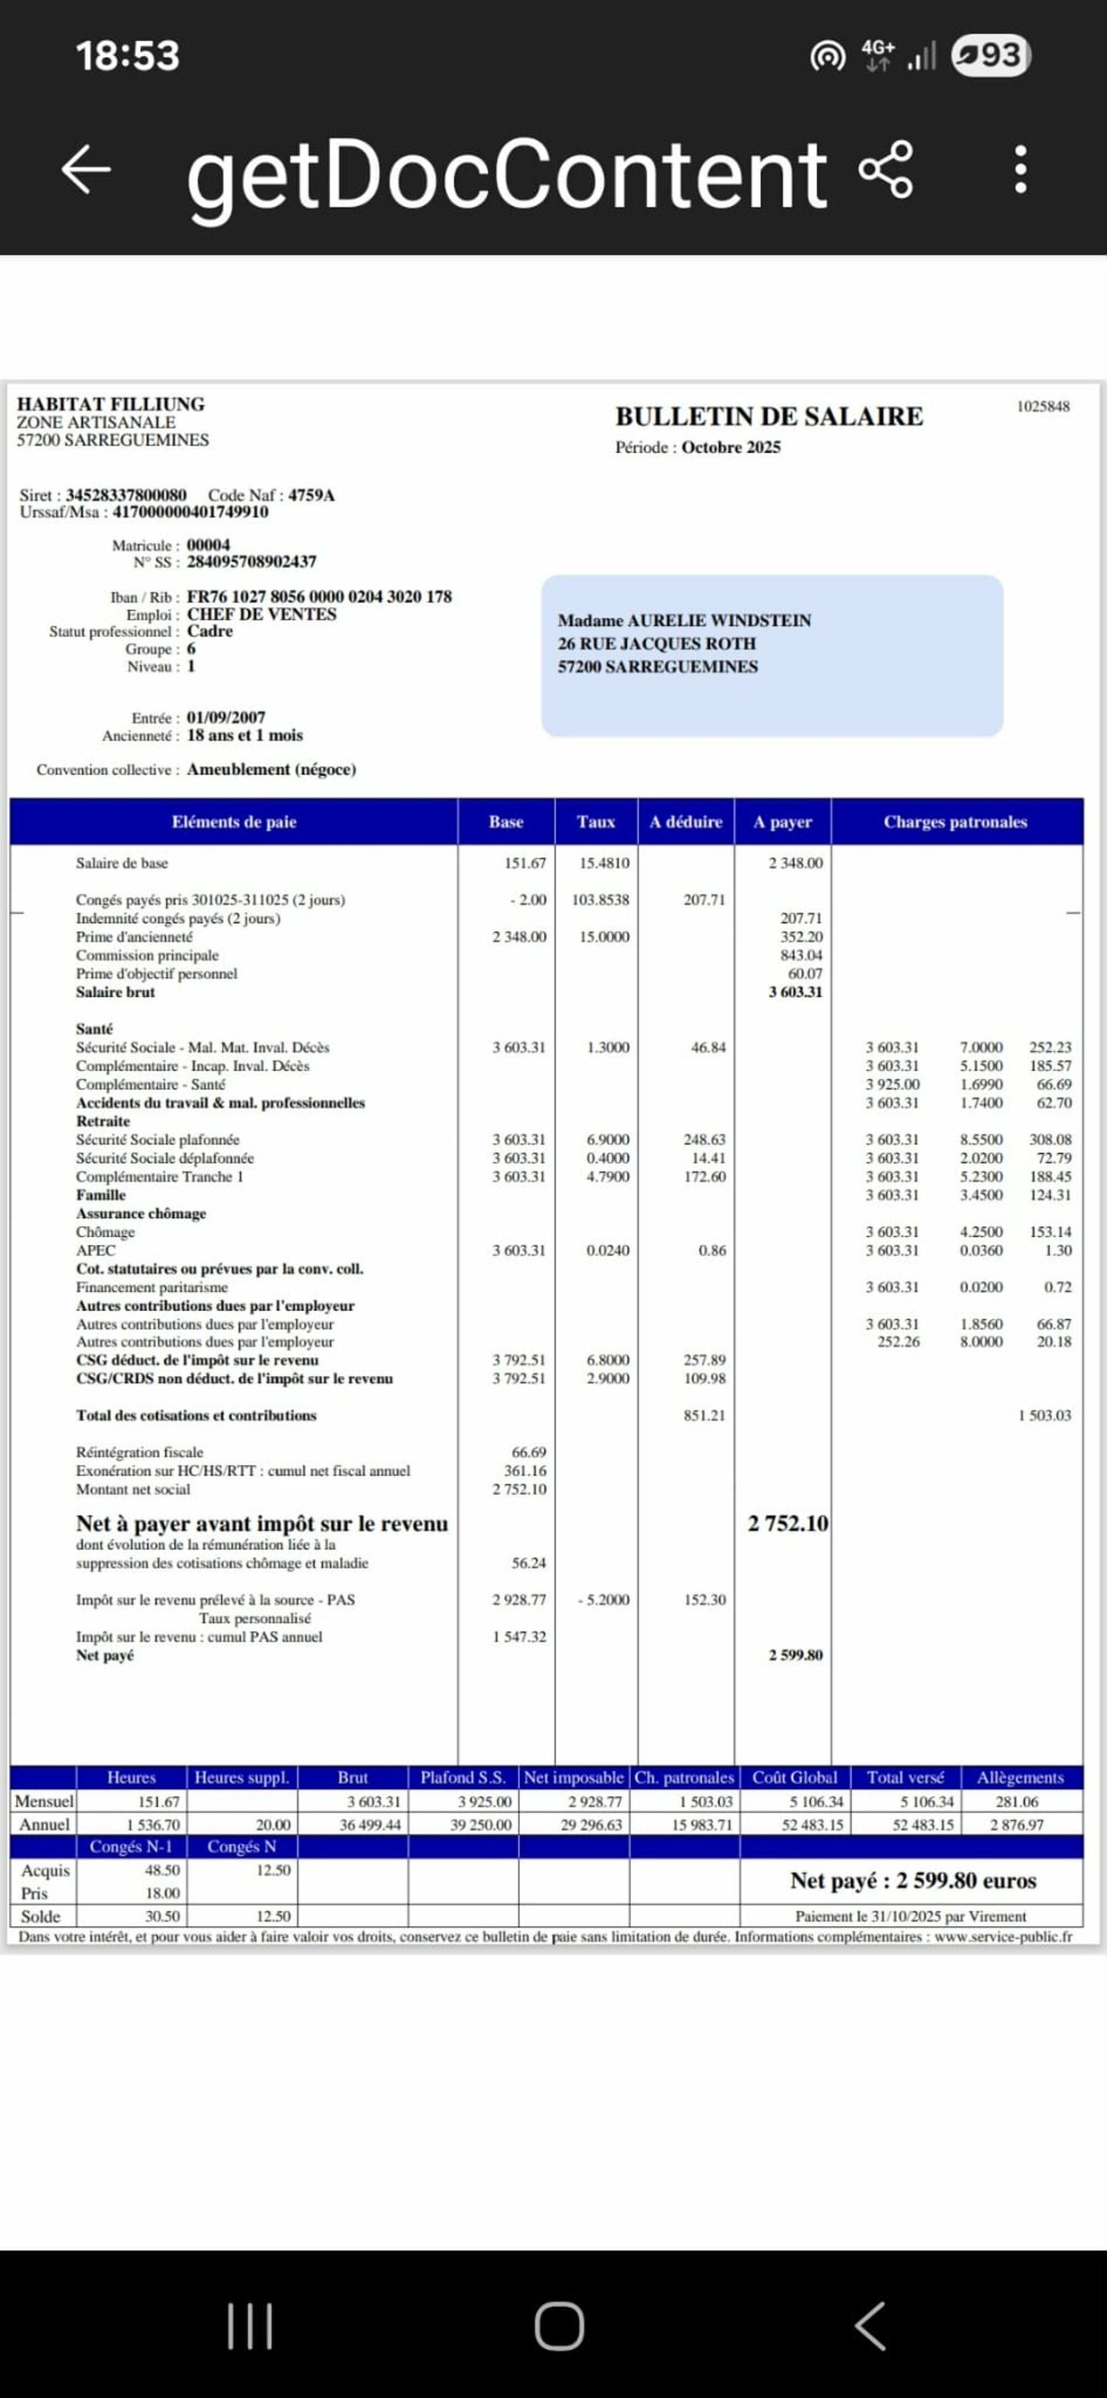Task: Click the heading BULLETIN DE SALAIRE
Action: pos(768,416)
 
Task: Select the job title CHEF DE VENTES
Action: pos(262,614)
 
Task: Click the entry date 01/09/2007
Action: pos(226,718)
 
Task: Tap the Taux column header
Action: pos(596,822)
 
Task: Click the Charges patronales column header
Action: pos(955,822)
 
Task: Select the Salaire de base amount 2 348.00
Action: pos(795,863)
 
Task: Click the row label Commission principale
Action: pos(147,955)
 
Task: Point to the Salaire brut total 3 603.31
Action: pos(795,993)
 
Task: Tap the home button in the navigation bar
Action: pos(558,2327)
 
